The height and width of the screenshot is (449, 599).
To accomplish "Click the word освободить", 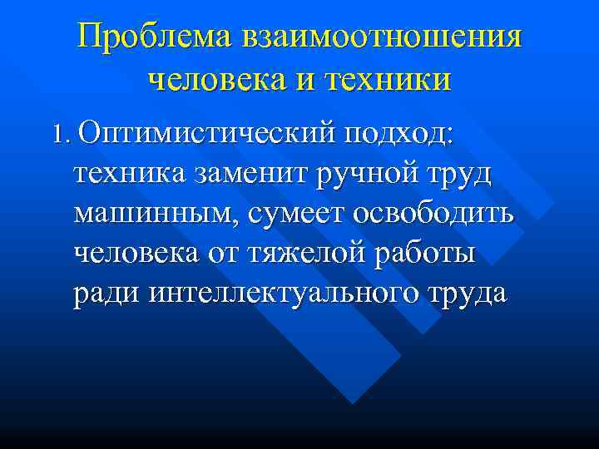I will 433,214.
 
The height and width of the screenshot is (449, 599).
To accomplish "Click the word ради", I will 108,295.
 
